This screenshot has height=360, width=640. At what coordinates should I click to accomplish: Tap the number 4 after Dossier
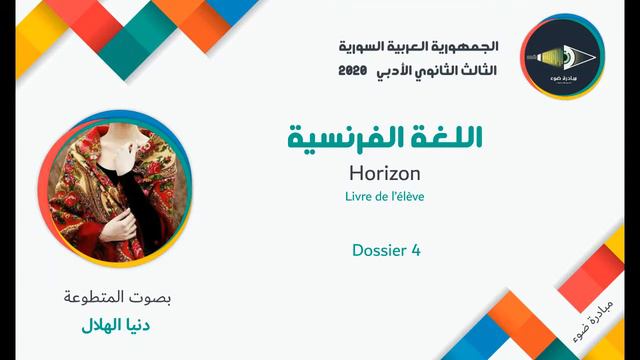pos(415,251)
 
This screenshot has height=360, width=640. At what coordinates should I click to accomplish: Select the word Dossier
pos(378,251)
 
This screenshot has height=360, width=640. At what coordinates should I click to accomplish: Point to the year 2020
pos(353,72)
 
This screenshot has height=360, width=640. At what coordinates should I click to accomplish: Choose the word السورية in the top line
pos(360,47)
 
